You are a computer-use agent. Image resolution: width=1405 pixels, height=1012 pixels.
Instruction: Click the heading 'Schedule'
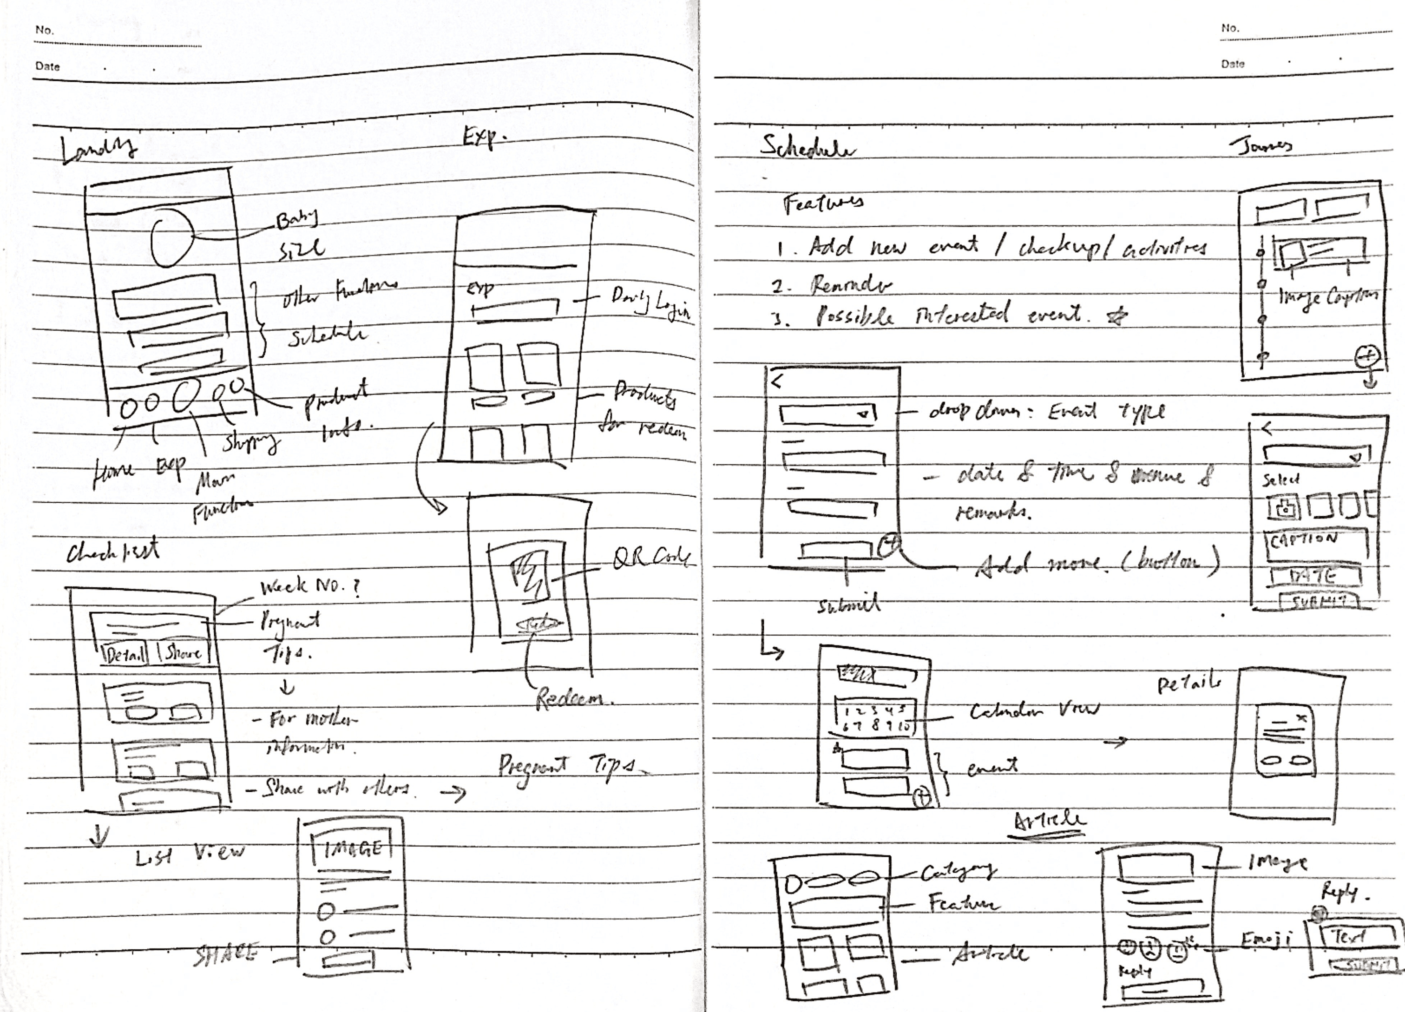pyautogui.click(x=807, y=149)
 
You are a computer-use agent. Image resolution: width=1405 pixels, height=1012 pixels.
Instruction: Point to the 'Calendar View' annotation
pyautogui.click(x=1033, y=710)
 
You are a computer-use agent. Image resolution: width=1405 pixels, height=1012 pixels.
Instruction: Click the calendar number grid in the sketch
pyautogui.click(x=875, y=718)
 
